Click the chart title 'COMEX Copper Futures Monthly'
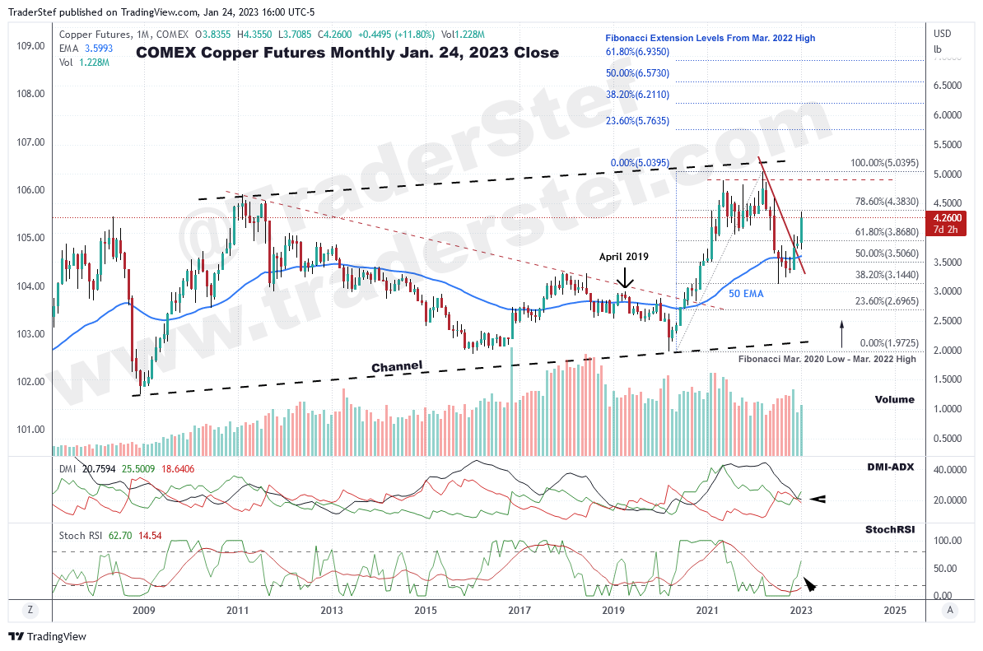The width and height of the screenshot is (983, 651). tap(347, 53)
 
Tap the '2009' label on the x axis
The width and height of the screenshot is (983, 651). tap(144, 610)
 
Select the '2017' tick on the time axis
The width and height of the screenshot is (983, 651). tap(519, 610)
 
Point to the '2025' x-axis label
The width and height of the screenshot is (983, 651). tap(895, 610)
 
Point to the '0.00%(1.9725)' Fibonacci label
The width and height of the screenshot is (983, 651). tap(878, 342)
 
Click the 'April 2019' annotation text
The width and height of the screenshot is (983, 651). tap(624, 257)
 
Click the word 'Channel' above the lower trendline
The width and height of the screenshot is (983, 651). tap(397, 365)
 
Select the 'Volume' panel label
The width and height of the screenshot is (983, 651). tap(894, 399)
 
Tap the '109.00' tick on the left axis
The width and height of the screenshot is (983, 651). tap(31, 45)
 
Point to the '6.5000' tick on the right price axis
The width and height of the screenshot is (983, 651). tap(948, 86)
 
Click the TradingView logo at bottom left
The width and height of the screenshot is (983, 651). tap(47, 636)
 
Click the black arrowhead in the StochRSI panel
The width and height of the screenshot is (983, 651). tap(809, 584)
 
